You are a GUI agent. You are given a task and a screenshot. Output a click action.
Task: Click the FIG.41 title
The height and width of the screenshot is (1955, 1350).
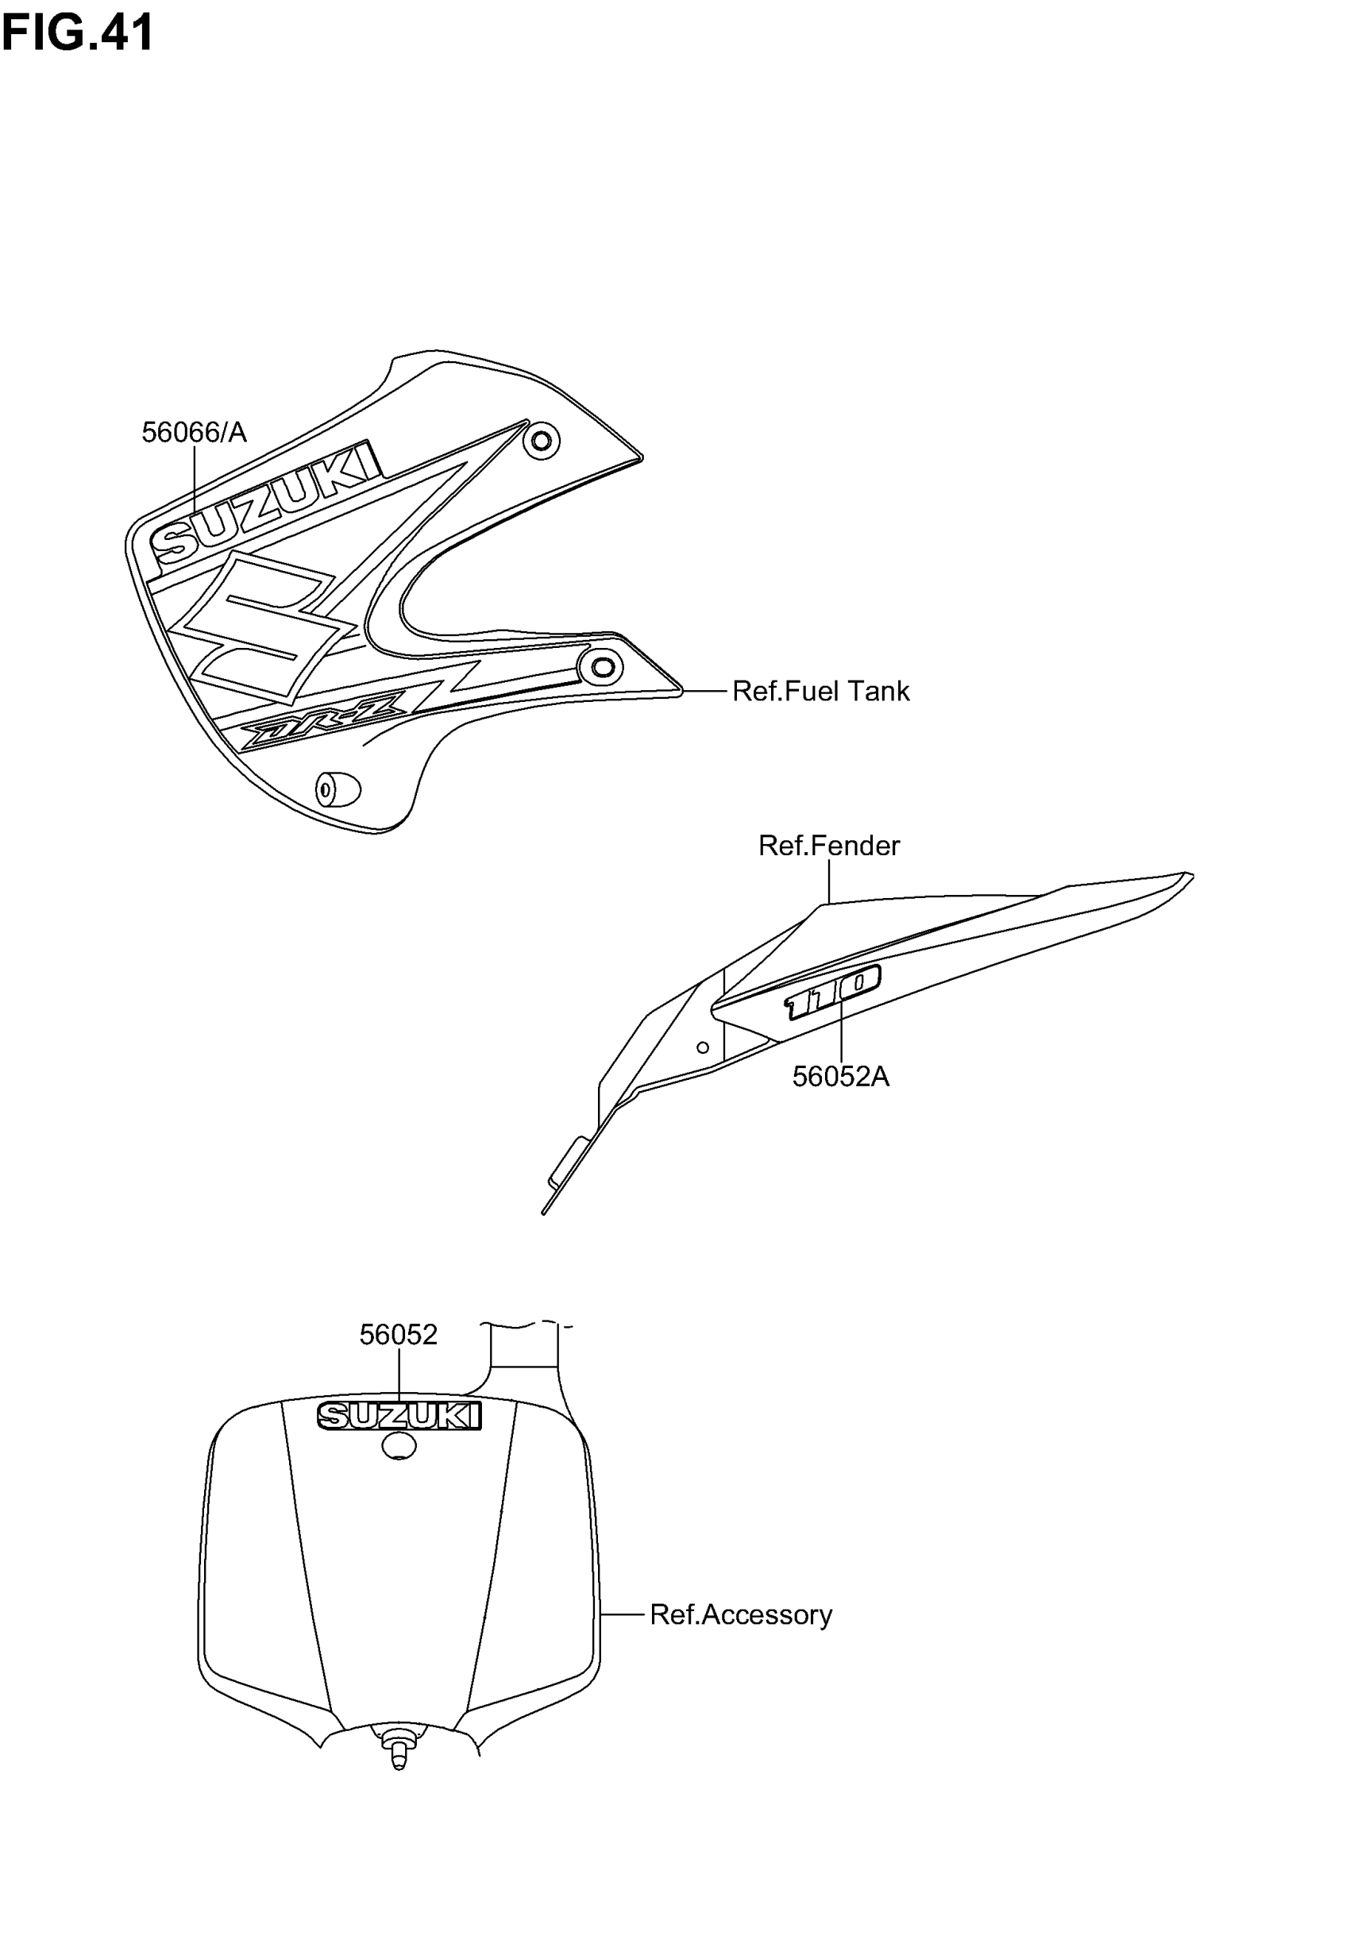tap(77, 32)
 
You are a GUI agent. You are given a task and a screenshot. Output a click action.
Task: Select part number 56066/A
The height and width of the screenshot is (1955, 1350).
tap(194, 432)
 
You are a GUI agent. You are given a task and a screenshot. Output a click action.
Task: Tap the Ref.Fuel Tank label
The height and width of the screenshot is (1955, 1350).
tap(820, 691)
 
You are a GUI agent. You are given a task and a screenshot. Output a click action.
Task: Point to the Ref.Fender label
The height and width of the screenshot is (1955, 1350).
tap(828, 845)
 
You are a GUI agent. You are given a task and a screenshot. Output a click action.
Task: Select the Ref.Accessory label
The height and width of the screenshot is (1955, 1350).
tap(740, 1614)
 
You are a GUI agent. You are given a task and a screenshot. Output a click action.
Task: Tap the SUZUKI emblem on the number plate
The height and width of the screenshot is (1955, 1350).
tap(399, 1416)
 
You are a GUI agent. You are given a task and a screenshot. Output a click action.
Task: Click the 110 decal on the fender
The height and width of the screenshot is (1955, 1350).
tap(833, 991)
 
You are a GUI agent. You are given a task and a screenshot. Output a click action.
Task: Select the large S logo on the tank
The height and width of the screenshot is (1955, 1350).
tap(262, 626)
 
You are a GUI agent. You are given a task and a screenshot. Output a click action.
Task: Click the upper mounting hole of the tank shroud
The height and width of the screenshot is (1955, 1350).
tap(542, 441)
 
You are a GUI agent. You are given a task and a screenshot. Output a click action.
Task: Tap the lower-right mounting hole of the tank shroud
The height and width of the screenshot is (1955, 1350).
tap(602, 666)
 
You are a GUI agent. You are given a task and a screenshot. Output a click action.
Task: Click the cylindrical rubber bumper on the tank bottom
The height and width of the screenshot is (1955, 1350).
tap(337, 790)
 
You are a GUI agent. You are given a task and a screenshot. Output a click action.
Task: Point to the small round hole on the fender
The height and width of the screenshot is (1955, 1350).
tap(702, 1047)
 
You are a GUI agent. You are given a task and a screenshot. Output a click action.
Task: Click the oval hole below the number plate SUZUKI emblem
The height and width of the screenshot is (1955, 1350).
tap(399, 1446)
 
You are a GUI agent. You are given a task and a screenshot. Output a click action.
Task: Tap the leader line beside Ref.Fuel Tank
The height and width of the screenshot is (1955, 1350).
tap(704, 691)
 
